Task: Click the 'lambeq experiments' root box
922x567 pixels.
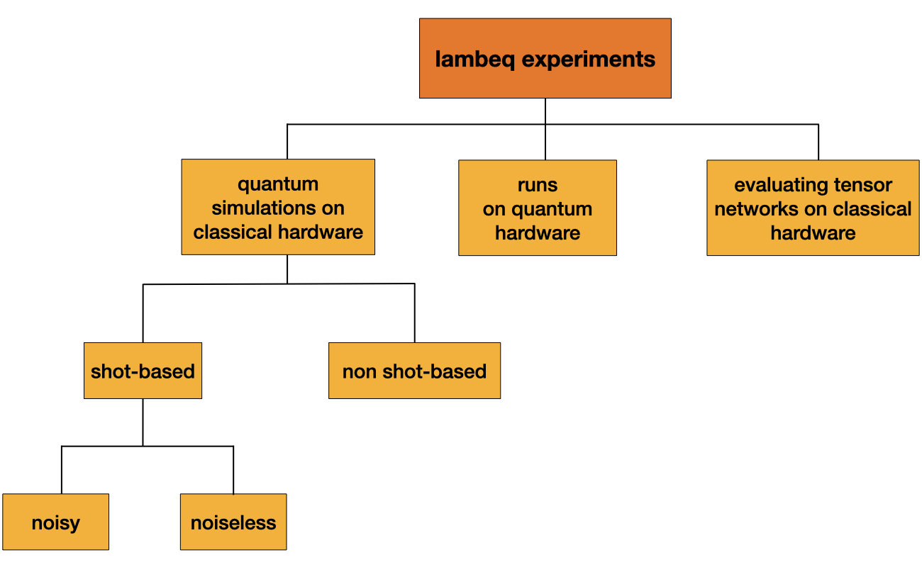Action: click(x=545, y=58)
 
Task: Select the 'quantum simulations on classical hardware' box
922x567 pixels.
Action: click(x=278, y=207)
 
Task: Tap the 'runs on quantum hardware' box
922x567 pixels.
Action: click(x=537, y=208)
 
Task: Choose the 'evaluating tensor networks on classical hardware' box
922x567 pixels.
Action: click(x=813, y=208)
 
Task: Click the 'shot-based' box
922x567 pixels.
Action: click(x=143, y=371)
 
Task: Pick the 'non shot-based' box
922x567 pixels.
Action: click(x=414, y=371)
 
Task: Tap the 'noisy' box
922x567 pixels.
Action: click(x=55, y=522)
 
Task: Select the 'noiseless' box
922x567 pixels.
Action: click(x=233, y=522)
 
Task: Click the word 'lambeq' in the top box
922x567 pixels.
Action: click(x=475, y=59)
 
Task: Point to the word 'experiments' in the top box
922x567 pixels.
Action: click(x=589, y=59)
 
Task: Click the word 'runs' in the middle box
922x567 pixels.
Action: click(x=537, y=185)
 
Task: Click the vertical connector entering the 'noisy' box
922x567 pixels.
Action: click(x=62, y=470)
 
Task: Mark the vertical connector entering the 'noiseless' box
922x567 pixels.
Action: click(x=233, y=470)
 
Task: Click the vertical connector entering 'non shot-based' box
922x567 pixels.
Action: click(x=414, y=313)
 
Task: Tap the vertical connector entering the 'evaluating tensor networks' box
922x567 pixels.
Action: click(x=818, y=142)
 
